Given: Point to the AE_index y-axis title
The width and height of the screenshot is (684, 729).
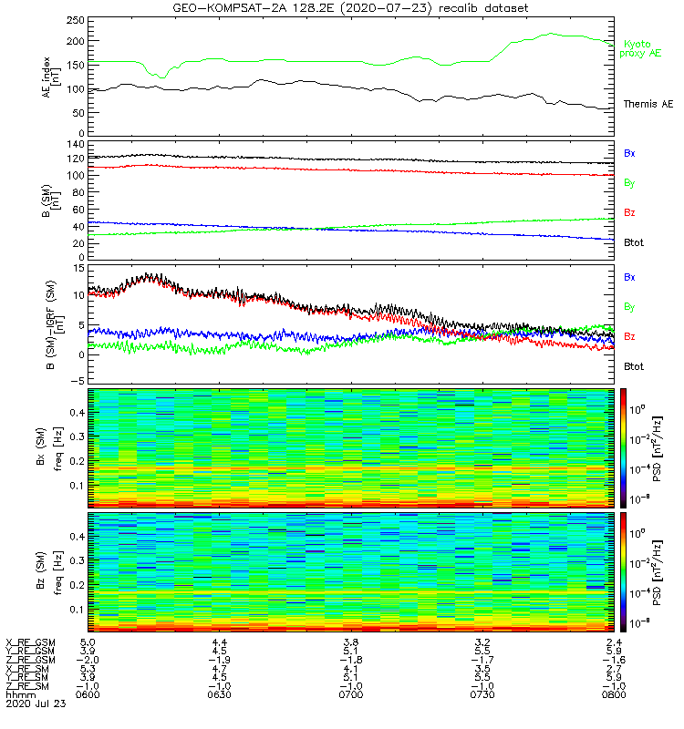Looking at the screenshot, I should coord(51,77).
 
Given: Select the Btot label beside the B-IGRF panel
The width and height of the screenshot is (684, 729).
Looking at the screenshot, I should coord(633,365).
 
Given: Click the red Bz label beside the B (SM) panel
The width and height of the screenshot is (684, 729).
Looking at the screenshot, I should coord(629,213).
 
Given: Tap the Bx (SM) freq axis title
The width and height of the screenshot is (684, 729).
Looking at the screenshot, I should coord(51,447).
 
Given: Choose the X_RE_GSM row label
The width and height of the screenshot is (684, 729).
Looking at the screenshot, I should coord(30,642).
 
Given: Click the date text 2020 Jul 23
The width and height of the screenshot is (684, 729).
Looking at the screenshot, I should coord(29,703).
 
